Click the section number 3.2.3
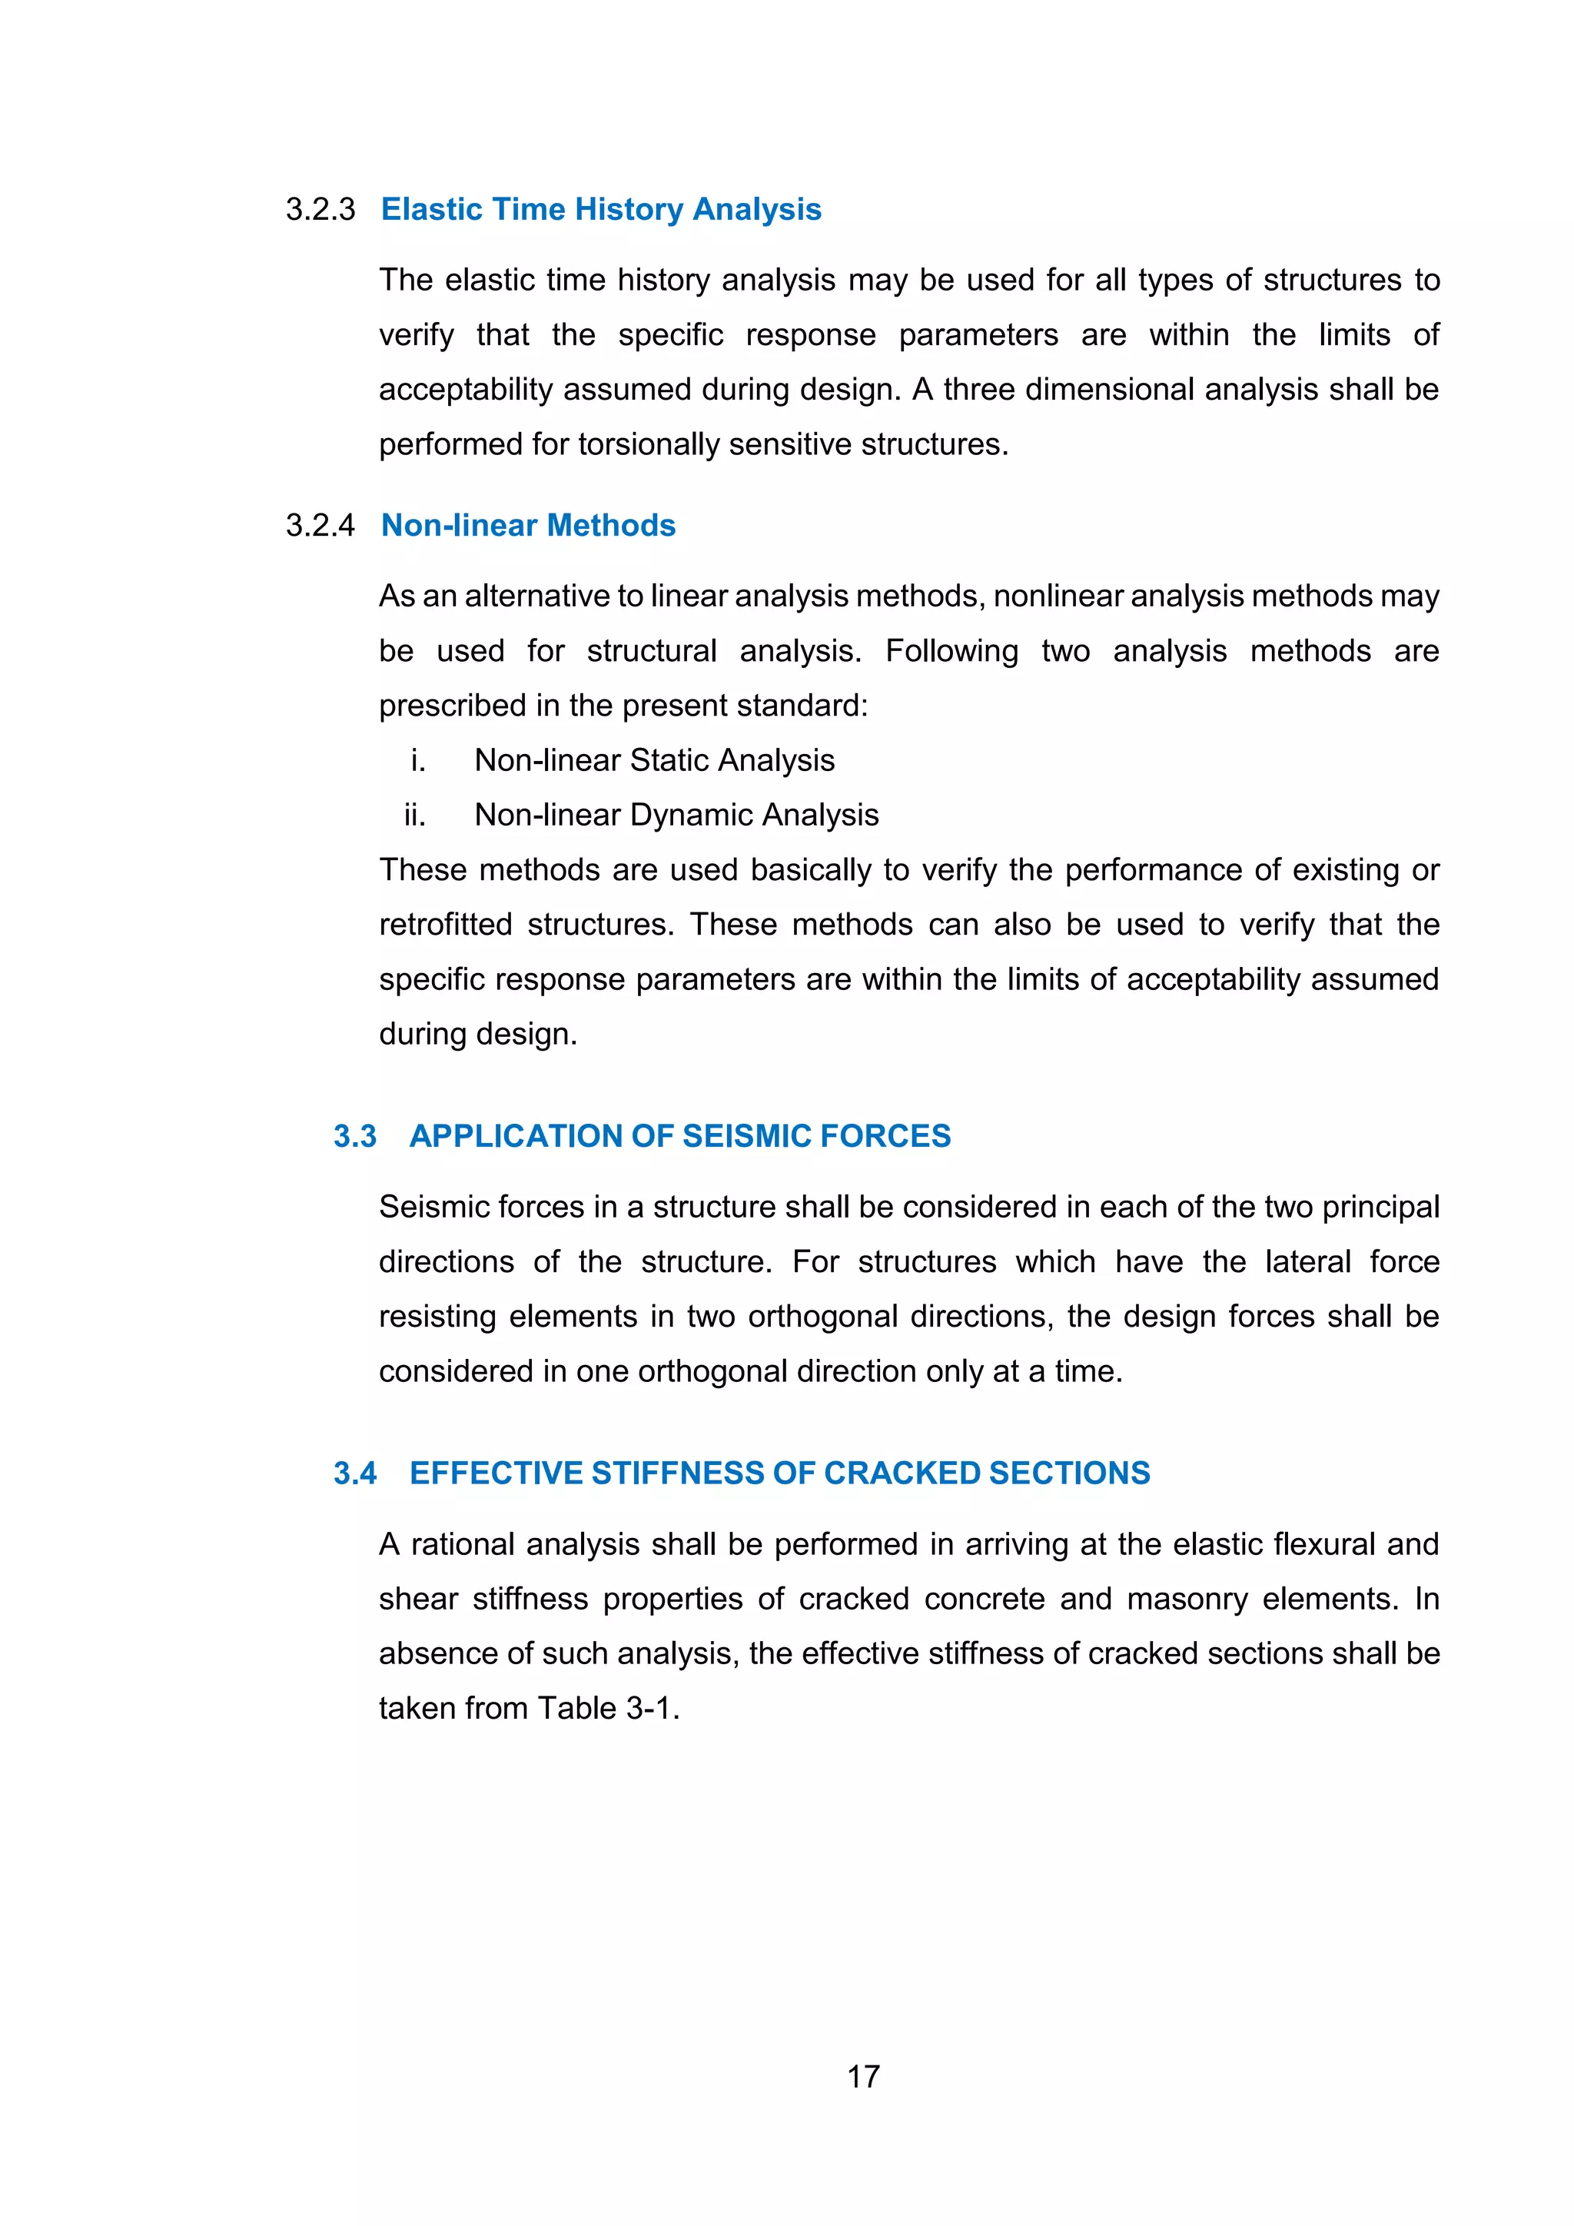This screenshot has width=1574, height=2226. click(x=320, y=209)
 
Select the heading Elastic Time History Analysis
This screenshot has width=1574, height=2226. click(x=601, y=209)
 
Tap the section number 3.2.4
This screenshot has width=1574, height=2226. click(x=320, y=526)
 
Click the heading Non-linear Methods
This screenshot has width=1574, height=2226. click(x=528, y=526)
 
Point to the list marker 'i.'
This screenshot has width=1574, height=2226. click(x=418, y=761)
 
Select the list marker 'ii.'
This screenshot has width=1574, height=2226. click(x=415, y=816)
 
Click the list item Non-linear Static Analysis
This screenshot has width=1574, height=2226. click(x=654, y=761)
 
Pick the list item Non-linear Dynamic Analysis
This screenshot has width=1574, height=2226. click(x=676, y=816)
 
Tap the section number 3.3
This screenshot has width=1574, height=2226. click(x=355, y=1136)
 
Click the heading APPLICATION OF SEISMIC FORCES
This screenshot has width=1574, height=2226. click(x=679, y=1136)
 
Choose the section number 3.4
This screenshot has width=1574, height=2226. click(x=355, y=1473)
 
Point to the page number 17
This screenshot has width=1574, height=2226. click(x=864, y=2077)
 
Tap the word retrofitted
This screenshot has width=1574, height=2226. click(x=446, y=925)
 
